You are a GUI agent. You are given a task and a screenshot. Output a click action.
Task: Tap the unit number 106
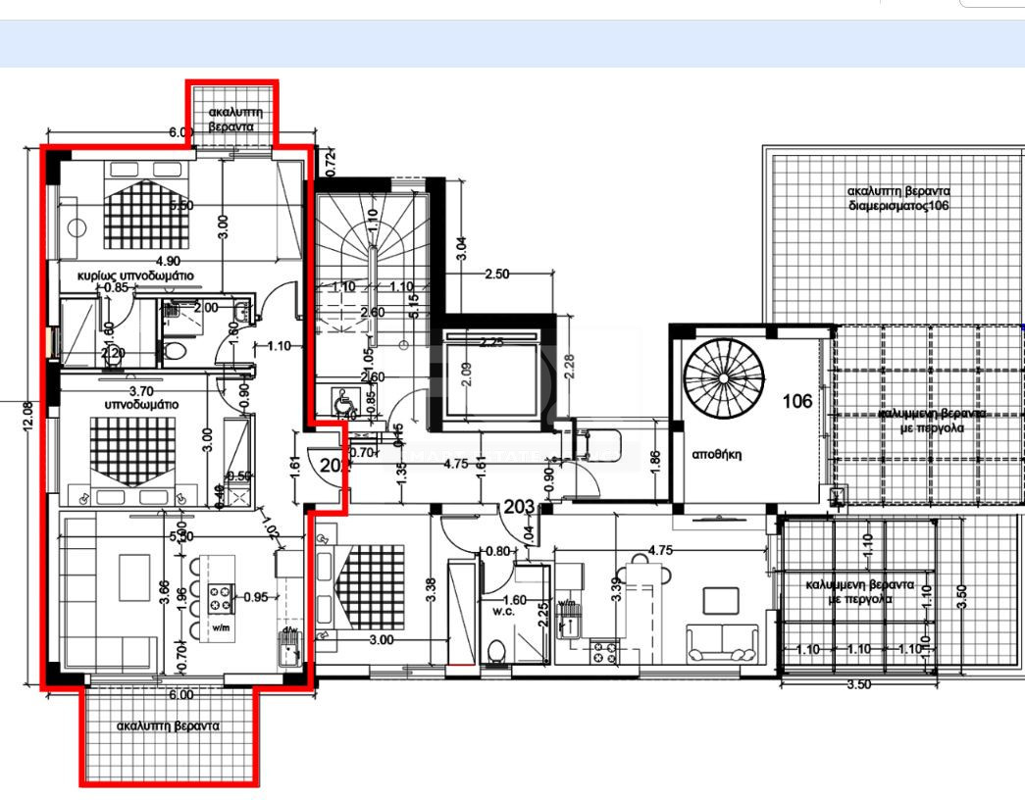click(796, 401)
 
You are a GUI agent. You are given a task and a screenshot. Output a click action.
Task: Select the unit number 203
click(518, 507)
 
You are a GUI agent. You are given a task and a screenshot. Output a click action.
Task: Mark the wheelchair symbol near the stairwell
click(344, 400)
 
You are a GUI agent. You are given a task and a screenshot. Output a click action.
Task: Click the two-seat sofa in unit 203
click(722, 642)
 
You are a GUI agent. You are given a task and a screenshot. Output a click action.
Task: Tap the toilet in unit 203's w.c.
click(498, 650)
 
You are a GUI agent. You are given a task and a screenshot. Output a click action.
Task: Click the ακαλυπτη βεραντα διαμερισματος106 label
click(887, 199)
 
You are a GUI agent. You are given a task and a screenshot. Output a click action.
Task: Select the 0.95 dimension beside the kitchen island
click(255, 595)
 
